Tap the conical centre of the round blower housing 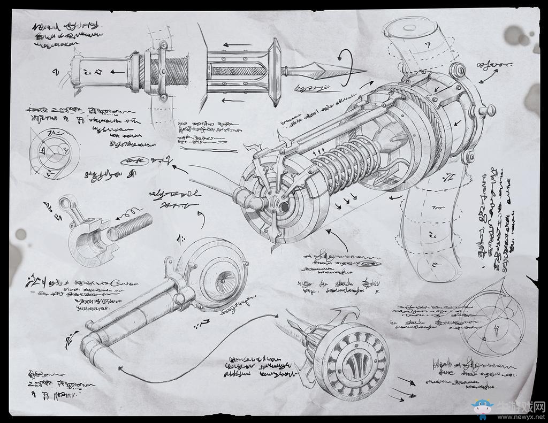pyautogui.click(x=223, y=276)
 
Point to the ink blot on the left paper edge pyautogui.click(x=20, y=234)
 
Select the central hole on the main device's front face pyautogui.click(x=283, y=206)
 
